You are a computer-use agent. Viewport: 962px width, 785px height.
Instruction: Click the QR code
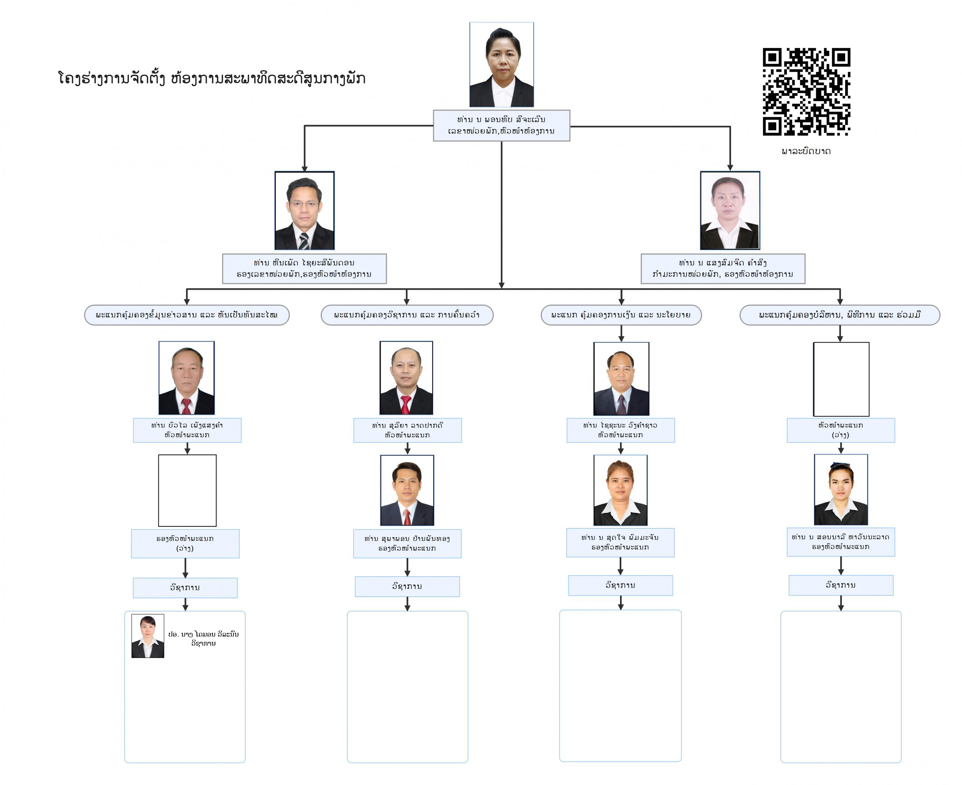tap(806, 92)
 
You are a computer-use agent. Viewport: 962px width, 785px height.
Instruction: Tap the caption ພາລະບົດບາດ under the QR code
tap(806, 151)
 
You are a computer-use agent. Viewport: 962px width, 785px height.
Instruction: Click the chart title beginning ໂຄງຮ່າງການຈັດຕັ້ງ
tap(212, 79)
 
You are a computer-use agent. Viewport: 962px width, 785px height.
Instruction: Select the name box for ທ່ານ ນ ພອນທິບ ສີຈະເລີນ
tap(501, 125)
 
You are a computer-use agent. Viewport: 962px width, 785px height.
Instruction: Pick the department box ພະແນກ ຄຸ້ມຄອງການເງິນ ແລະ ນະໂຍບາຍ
tap(621, 315)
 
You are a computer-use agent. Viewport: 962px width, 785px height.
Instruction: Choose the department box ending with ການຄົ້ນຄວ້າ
tap(407, 315)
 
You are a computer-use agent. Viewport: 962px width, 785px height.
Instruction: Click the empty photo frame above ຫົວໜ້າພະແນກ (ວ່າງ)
tap(841, 379)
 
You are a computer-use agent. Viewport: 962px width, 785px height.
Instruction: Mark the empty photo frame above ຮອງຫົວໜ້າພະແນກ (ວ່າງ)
tap(187, 491)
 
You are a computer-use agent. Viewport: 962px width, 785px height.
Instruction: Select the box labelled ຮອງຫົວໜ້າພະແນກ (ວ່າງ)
tap(185, 543)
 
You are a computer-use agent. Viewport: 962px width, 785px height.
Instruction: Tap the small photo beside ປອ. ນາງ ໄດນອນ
tap(148, 636)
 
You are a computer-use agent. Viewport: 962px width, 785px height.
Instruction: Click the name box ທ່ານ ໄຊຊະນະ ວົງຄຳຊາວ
tap(621, 430)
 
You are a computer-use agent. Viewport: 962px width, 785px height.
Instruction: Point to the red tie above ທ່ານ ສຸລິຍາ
tap(406, 404)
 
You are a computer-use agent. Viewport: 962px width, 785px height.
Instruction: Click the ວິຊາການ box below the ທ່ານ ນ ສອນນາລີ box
tap(841, 585)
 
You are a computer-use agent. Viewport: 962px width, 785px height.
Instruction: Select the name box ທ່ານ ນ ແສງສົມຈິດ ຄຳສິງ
tap(723, 269)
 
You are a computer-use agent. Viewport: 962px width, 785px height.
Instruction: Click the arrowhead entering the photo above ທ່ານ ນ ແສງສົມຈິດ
tap(730, 168)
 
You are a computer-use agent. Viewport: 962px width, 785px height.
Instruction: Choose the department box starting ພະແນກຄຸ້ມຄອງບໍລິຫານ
tap(840, 315)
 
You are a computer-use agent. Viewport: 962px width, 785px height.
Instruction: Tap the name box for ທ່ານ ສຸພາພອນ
tap(407, 543)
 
